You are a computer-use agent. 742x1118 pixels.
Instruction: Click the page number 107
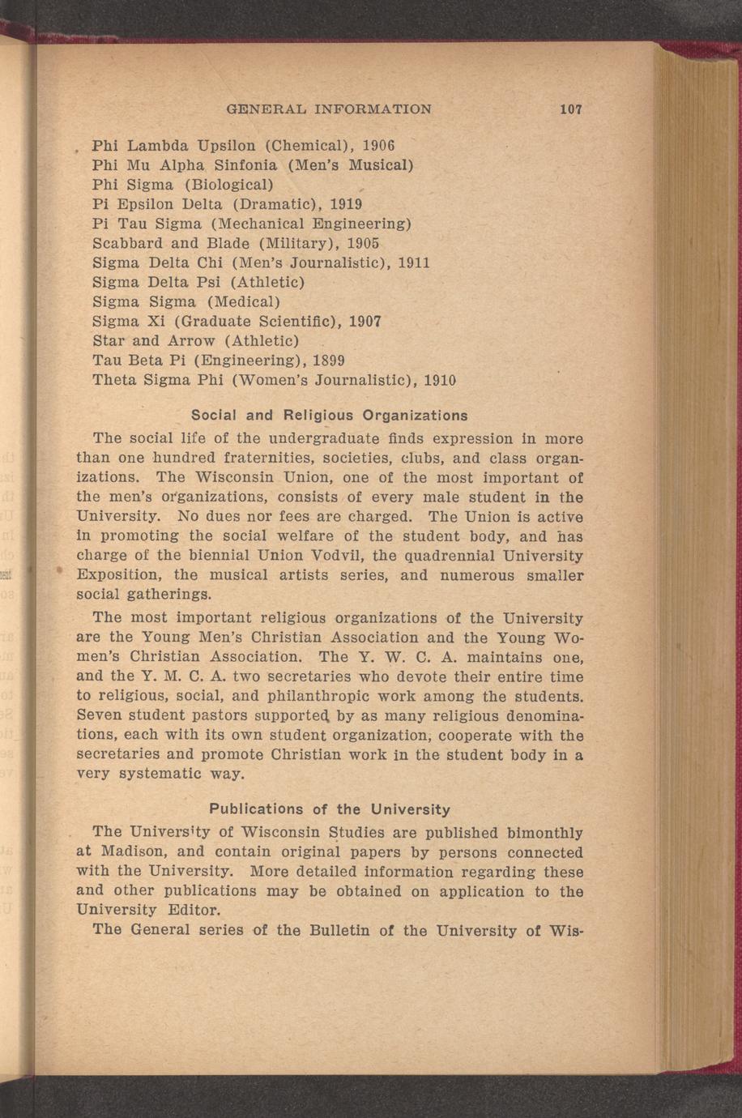point(571,109)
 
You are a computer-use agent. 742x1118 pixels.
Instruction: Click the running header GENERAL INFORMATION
point(328,109)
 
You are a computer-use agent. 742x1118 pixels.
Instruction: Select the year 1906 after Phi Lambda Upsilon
point(377,147)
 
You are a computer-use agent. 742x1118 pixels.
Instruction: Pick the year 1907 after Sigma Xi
point(364,322)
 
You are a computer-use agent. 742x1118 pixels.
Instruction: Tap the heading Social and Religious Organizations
point(330,416)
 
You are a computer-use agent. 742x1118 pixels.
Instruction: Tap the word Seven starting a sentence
point(100,716)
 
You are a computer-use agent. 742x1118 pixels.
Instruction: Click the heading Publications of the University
point(330,809)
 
